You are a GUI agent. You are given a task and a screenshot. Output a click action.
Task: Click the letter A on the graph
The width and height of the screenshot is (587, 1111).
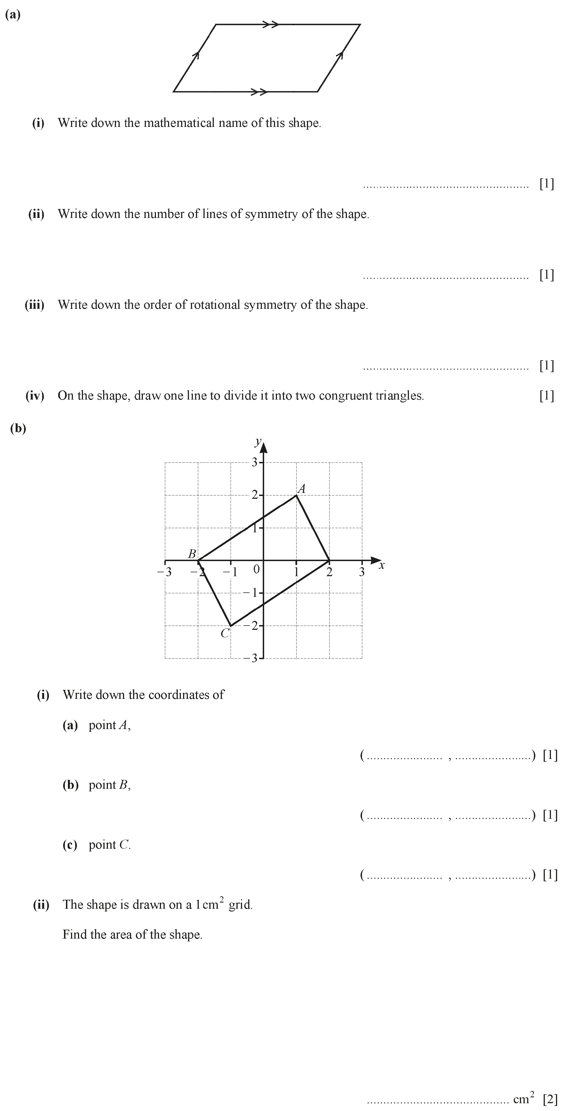pos(302,489)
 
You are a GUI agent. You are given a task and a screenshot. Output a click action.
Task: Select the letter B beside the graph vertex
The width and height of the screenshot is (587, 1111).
pos(192,554)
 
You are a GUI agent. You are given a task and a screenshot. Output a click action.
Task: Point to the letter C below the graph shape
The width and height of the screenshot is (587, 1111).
pos(225,633)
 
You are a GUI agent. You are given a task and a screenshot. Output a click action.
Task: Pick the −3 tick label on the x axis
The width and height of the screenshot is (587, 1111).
pos(164,572)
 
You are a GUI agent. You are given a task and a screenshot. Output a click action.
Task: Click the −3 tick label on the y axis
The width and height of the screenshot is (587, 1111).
pos(251,658)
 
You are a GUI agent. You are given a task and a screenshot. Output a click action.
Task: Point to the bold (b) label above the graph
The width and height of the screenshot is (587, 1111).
pos(18,428)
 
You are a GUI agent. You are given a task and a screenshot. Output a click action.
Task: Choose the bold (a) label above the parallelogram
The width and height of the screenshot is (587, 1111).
pos(13,15)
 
